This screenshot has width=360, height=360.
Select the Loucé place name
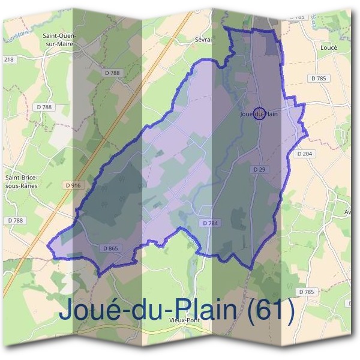click(x=329, y=47)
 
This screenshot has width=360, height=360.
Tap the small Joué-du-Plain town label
click(x=259, y=114)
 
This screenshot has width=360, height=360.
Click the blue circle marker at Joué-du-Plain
click(x=259, y=114)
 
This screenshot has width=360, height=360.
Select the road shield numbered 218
click(x=8, y=59)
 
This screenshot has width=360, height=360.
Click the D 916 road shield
click(x=73, y=185)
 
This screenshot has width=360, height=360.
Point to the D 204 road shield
click(x=305, y=154)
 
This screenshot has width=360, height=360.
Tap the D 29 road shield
click(x=259, y=170)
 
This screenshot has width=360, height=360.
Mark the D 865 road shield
click(x=110, y=248)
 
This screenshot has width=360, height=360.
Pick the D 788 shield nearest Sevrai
click(x=112, y=73)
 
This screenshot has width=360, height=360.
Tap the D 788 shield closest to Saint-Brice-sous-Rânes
click(x=16, y=221)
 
